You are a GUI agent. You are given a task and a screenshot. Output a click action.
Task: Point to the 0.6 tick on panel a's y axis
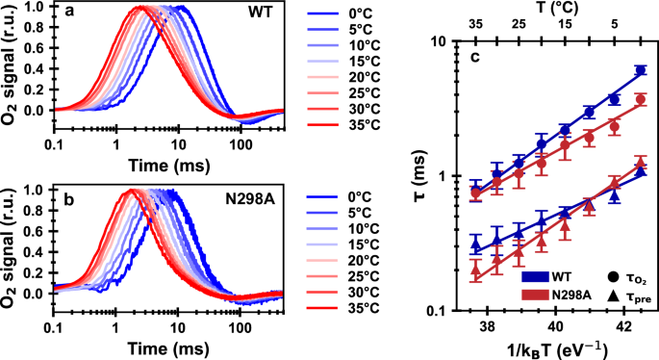point(37,46)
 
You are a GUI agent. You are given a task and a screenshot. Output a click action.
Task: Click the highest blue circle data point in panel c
point(641,70)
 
